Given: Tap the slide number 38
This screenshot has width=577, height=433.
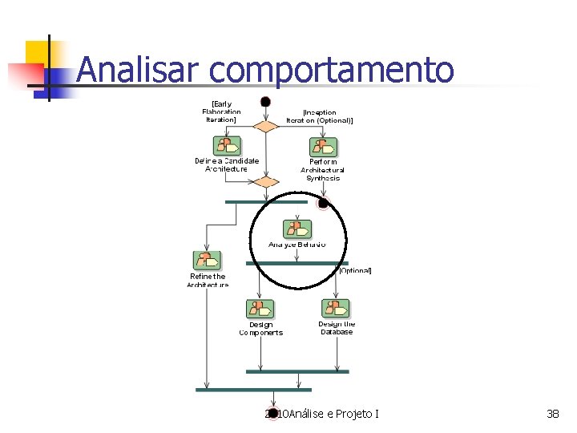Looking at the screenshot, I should [x=552, y=414].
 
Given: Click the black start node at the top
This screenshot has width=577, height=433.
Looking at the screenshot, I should [x=265, y=102].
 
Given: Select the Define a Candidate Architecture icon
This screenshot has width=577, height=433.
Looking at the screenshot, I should [x=227, y=146].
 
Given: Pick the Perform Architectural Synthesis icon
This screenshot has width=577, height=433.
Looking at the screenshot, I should [x=323, y=148].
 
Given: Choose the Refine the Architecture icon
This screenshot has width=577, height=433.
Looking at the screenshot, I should [x=207, y=261].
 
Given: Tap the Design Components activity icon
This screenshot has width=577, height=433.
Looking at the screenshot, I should [x=260, y=309].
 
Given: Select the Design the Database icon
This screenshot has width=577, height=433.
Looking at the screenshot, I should [x=336, y=308].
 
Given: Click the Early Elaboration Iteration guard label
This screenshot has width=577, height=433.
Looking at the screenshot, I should [x=223, y=111].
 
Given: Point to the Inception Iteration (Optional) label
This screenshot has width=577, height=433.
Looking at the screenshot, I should [x=320, y=116].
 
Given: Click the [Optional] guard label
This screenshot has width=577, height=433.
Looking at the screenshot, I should [x=354, y=271].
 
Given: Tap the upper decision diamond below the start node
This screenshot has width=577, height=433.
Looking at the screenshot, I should [x=265, y=126].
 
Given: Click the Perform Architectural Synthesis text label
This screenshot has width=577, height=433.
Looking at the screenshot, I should [x=323, y=170].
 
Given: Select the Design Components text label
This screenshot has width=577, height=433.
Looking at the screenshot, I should [x=260, y=329].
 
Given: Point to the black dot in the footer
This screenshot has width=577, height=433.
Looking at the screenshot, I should [x=273, y=414].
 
